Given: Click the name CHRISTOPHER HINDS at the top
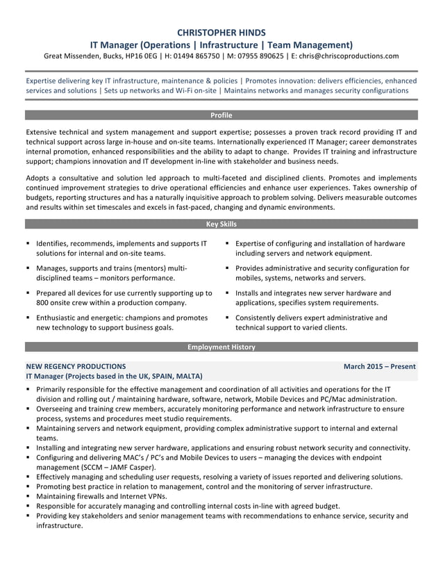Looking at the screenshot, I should [x=221, y=32].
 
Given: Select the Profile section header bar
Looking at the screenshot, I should [x=221, y=115].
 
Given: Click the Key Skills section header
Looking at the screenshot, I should [x=221, y=224].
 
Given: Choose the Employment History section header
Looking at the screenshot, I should [x=221, y=347].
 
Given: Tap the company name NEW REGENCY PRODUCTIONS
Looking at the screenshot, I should [x=76, y=366].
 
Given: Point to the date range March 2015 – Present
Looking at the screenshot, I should [x=379, y=366].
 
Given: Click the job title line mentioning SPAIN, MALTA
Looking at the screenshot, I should [x=115, y=376].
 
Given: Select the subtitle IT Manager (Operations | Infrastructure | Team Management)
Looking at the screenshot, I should [x=221, y=44].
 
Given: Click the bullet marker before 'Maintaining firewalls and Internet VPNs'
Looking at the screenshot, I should [x=28, y=497].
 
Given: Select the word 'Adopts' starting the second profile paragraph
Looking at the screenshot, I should [x=39, y=178].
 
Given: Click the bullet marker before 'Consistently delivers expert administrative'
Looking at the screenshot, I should [x=228, y=318].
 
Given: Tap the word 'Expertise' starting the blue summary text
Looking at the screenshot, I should [x=44, y=81].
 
